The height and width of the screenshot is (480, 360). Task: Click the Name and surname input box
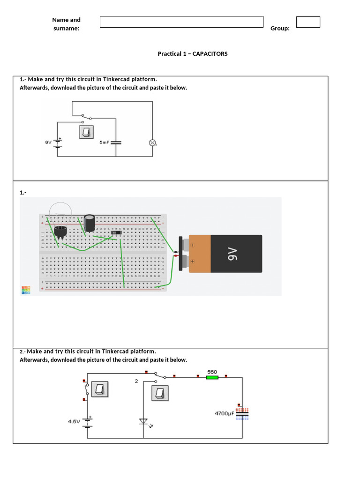point(181,22)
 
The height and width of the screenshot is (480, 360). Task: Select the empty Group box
point(308,22)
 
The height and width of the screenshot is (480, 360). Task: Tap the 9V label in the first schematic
point(48,142)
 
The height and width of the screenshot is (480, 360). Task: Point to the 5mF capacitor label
point(104,142)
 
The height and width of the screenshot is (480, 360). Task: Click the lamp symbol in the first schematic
point(152,142)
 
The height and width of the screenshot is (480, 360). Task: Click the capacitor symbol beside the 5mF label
point(116,142)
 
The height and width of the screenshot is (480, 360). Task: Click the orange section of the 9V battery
point(200,254)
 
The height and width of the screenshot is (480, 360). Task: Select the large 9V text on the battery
point(233,254)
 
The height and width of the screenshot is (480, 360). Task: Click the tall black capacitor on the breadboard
point(90,223)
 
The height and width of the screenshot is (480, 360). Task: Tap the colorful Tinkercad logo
point(26,290)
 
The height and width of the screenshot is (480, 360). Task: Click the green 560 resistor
point(212,376)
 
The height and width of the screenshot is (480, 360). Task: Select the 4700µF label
point(224,413)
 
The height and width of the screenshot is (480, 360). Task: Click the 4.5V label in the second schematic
point(74,421)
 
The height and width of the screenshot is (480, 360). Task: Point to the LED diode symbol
point(143,421)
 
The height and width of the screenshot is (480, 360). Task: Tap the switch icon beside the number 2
point(159,393)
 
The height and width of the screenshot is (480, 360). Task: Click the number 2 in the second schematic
point(136,381)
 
